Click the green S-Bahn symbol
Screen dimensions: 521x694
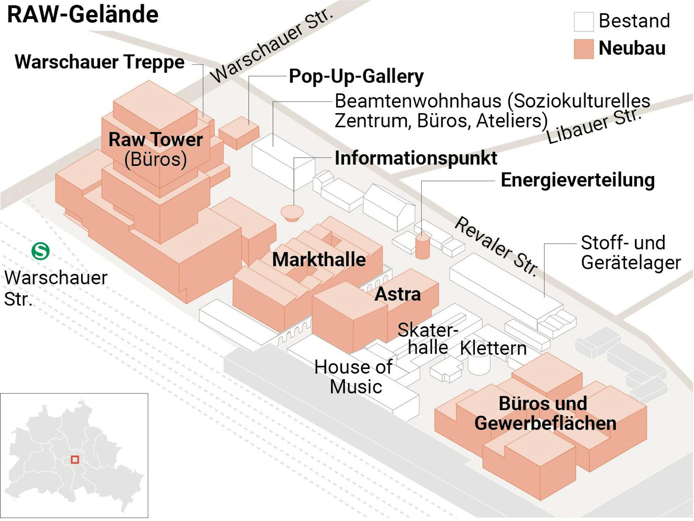(40, 251)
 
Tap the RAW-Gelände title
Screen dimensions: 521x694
(83, 15)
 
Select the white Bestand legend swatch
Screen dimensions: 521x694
(583, 21)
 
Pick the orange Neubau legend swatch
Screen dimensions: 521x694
(583, 49)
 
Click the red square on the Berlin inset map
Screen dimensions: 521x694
(75, 459)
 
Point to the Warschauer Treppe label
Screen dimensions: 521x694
(99, 62)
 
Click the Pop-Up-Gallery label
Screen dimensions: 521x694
(356, 76)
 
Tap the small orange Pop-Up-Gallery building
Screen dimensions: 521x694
(239, 133)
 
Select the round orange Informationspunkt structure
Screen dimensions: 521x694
(292, 213)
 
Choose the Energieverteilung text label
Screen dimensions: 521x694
(577, 180)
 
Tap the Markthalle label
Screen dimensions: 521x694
(319, 259)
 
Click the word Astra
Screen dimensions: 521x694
(398, 294)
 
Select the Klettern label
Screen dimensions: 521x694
(493, 348)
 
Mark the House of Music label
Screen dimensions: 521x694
(353, 377)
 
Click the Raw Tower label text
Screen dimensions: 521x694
(155, 140)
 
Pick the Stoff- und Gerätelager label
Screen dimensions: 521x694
(630, 253)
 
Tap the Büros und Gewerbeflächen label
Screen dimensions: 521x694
(545, 413)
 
